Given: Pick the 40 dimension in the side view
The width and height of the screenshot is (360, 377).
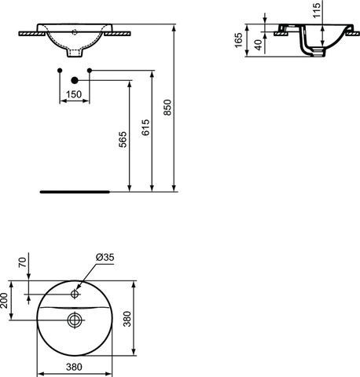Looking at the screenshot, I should (260, 45).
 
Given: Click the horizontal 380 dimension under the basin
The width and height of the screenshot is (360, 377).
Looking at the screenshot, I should (74, 368).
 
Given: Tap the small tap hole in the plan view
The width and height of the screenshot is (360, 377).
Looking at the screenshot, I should (75, 295).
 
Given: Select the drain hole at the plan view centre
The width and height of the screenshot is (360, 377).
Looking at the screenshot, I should (75, 320).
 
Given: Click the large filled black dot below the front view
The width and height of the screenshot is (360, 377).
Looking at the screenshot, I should (74, 79).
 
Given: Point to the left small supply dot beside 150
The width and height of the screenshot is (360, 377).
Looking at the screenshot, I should (60, 71).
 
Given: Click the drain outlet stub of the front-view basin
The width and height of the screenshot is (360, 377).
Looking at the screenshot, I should (74, 57).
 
